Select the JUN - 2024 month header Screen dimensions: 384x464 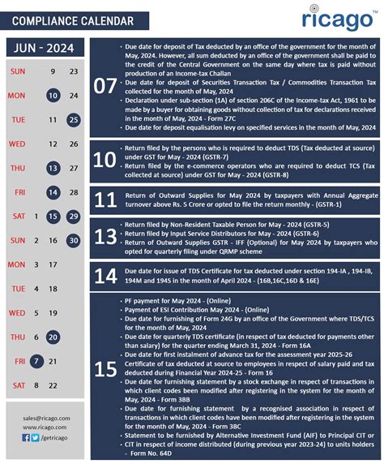point(45,49)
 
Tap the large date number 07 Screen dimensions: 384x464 point(105,86)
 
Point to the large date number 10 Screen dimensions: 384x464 point(105,159)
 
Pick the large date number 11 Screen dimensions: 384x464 point(105,200)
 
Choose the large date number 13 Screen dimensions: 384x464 point(105,235)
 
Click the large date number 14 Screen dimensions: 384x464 point(105,276)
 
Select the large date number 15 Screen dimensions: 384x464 point(105,370)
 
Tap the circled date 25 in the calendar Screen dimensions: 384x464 point(74,120)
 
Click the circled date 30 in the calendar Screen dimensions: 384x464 point(74,240)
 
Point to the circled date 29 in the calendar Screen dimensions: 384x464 point(74,217)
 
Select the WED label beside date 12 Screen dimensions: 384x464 point(16,144)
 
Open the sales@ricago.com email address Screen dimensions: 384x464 point(45,418)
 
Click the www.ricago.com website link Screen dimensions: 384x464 point(45,427)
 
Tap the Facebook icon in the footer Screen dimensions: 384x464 point(25,438)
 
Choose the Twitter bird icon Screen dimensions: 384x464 point(34,438)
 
